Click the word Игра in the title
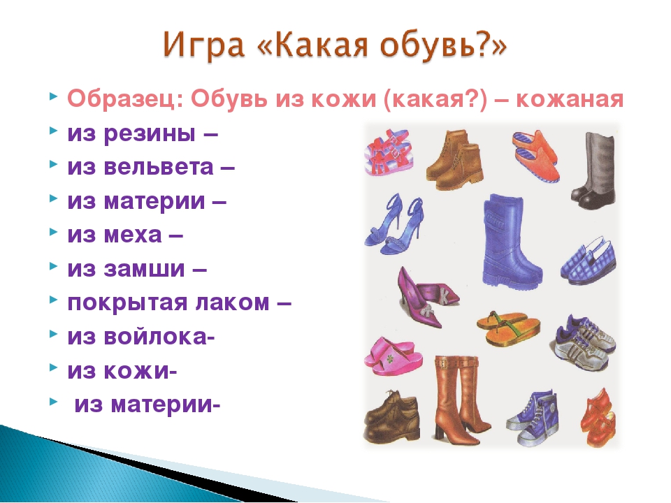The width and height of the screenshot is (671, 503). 203,45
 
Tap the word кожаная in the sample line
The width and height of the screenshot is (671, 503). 570,99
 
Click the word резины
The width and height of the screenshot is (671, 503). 150,134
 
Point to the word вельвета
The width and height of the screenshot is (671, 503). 159,167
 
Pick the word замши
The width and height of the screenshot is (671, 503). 144,269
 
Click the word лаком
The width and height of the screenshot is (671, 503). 232,302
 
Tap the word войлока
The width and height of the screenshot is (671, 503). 155,337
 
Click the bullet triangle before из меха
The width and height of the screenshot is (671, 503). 54,232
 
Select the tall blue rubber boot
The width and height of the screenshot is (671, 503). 510,242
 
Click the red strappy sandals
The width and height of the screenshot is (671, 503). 389,153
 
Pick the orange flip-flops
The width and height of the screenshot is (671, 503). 508,327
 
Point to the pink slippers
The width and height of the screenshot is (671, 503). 393,356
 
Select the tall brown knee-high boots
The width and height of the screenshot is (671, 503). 461,400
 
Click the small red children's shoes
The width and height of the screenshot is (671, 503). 598,417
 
